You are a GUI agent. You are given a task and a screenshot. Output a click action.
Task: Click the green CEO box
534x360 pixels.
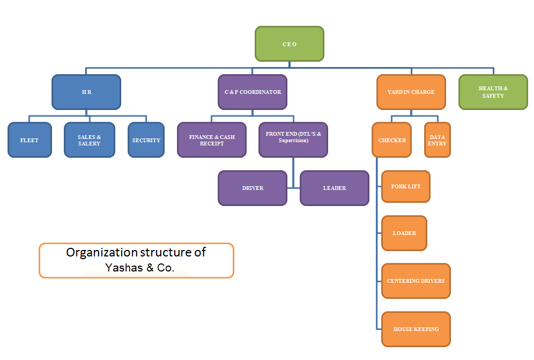[x=289, y=44]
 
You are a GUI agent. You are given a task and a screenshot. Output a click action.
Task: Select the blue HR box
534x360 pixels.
[x=86, y=92]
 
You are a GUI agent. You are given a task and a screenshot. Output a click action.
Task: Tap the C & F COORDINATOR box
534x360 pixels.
[x=253, y=92]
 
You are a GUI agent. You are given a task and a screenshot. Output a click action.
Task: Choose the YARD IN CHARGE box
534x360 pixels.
[x=411, y=92]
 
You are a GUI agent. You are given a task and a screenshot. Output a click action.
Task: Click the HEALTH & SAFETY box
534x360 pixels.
[x=493, y=92]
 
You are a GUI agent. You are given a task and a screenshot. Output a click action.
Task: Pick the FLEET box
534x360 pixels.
[x=29, y=140]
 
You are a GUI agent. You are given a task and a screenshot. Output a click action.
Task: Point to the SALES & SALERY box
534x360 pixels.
[x=90, y=140]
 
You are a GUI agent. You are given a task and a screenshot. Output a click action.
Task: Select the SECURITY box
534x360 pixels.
[x=146, y=140]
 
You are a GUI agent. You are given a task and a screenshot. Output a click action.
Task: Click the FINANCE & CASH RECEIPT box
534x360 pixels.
[x=212, y=140]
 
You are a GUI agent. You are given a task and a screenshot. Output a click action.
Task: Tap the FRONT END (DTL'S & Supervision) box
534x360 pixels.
[x=293, y=140]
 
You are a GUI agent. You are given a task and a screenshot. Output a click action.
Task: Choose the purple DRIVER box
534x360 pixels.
[x=253, y=188]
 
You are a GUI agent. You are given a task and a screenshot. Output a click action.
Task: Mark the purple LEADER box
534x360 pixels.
[x=335, y=188]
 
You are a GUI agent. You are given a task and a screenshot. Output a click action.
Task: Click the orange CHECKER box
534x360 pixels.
[x=392, y=140]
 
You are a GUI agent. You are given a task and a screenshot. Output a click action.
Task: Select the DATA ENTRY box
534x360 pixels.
[x=437, y=140]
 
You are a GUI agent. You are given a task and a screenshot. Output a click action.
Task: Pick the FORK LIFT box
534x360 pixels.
[x=406, y=187]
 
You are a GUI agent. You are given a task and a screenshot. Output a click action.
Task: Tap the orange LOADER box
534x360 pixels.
[x=404, y=233]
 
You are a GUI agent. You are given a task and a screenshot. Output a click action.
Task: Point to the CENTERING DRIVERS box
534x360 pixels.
[x=416, y=281]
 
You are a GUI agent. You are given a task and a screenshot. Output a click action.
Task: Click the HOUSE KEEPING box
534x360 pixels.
[x=416, y=329]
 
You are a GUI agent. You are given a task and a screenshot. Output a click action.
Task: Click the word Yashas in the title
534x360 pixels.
[x=122, y=268]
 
